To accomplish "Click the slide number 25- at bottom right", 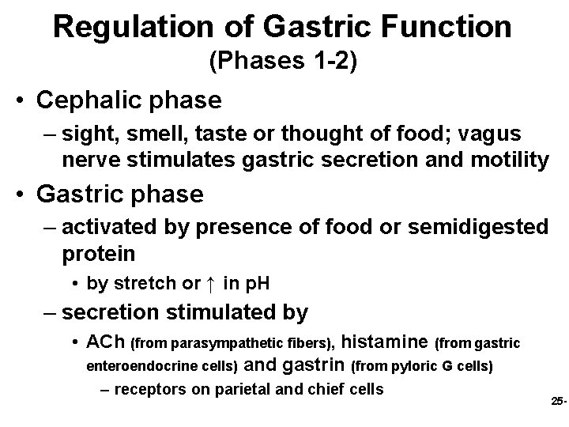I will [x=558, y=402].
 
